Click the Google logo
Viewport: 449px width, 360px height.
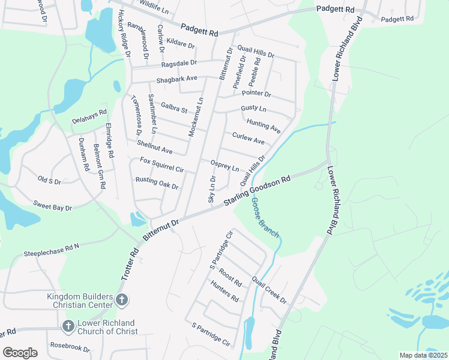(x=20, y=353)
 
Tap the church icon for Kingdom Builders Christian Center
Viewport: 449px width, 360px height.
(x=121, y=299)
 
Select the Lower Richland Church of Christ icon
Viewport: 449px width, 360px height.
(x=68, y=326)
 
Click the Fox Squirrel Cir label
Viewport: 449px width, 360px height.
(x=162, y=165)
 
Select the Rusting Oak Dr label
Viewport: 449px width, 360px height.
(x=157, y=182)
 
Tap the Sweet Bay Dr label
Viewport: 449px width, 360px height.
(x=52, y=206)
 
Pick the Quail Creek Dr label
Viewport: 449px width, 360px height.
(x=270, y=290)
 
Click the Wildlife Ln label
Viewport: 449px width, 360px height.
(x=154, y=7)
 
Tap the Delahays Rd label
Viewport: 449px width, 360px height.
(x=89, y=116)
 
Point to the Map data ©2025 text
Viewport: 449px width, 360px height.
(x=423, y=355)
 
